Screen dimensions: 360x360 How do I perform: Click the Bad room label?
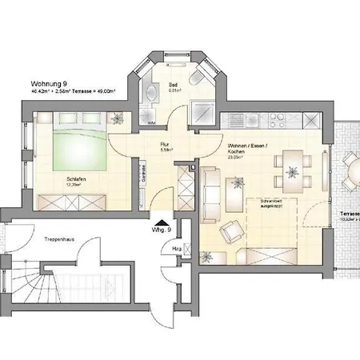pyautogui.click(x=173, y=82)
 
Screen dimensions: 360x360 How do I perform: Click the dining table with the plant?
pyautogui.click(x=290, y=169)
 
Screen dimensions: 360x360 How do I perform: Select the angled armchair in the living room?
pyautogui.click(x=233, y=230)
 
